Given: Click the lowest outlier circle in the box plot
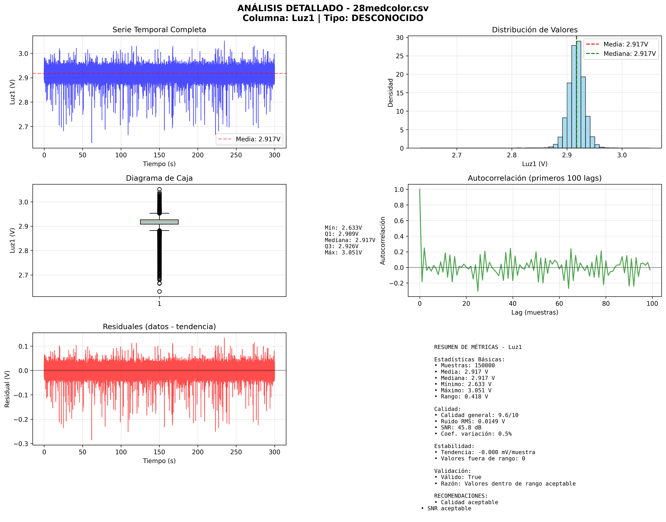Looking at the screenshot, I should (159, 292).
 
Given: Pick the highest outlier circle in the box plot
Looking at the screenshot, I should (159, 189).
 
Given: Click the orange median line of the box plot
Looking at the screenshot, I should (159, 222).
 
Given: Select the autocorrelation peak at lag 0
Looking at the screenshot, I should (420, 190).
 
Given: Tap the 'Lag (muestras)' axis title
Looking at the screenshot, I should (534, 312).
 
